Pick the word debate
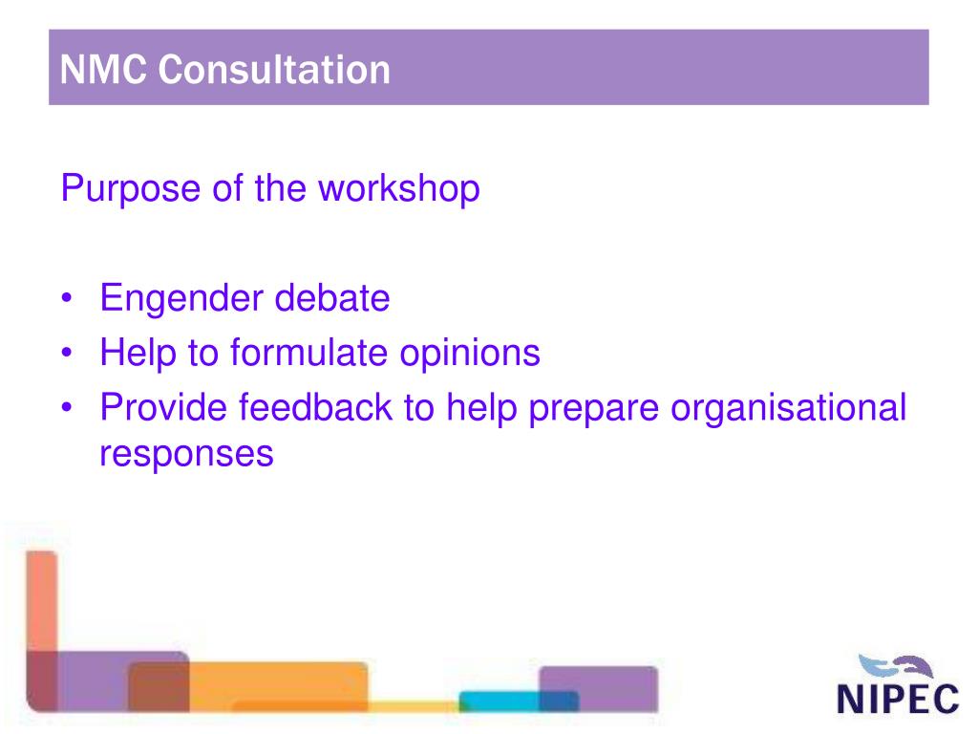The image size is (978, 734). pyautogui.click(x=332, y=298)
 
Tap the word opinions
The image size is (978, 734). pyautogui.click(x=470, y=354)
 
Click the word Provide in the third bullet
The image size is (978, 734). pyautogui.click(x=163, y=408)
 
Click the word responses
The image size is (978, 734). pyautogui.click(x=186, y=453)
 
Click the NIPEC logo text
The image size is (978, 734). pyautogui.click(x=897, y=698)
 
